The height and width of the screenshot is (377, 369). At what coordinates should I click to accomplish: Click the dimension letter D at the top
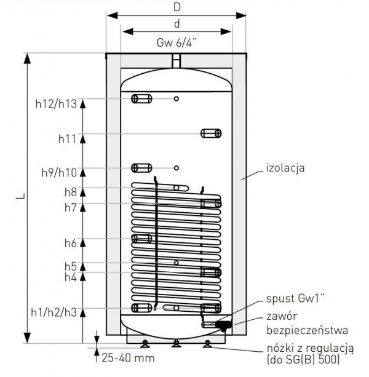pyautogui.click(x=177, y=7)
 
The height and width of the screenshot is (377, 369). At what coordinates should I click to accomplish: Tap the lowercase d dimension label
pyautogui.click(x=177, y=23)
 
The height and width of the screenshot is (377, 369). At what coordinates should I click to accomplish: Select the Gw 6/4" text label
pyautogui.click(x=177, y=43)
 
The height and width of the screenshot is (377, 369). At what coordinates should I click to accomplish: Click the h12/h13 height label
pyautogui.click(x=56, y=104)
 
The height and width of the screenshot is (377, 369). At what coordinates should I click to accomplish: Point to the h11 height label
pyautogui.click(x=67, y=139)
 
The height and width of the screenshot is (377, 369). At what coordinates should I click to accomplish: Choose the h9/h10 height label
pyautogui.click(x=59, y=173)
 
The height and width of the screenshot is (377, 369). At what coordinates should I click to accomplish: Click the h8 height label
pyautogui.click(x=71, y=192)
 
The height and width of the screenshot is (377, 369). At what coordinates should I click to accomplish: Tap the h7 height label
pyautogui.click(x=71, y=207)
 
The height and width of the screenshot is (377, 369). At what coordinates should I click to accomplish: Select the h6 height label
pyautogui.click(x=71, y=243)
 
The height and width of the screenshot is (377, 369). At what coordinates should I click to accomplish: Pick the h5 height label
pyautogui.click(x=71, y=266)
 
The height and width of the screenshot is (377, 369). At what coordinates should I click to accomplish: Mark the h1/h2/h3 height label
pyautogui.click(x=54, y=312)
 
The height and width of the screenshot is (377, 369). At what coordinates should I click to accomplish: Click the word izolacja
pyautogui.click(x=285, y=167)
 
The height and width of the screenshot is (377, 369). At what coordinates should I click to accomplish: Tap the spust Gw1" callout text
pyautogui.click(x=295, y=298)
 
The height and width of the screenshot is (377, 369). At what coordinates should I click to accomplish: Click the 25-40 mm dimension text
pyautogui.click(x=128, y=358)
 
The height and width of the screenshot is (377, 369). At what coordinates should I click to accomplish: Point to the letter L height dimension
pyautogui.click(x=21, y=196)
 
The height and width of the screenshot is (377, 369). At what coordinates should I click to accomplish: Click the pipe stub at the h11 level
pyautogui.click(x=211, y=133)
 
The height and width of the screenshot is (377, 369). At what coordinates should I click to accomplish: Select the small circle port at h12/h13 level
pyautogui.click(x=177, y=98)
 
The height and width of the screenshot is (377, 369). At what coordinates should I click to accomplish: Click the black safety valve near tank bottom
pyautogui.click(x=224, y=325)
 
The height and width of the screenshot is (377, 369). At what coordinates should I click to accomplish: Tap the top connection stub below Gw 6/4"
pyautogui.click(x=177, y=61)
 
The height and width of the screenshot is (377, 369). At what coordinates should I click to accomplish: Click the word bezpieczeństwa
pyautogui.click(x=307, y=330)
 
